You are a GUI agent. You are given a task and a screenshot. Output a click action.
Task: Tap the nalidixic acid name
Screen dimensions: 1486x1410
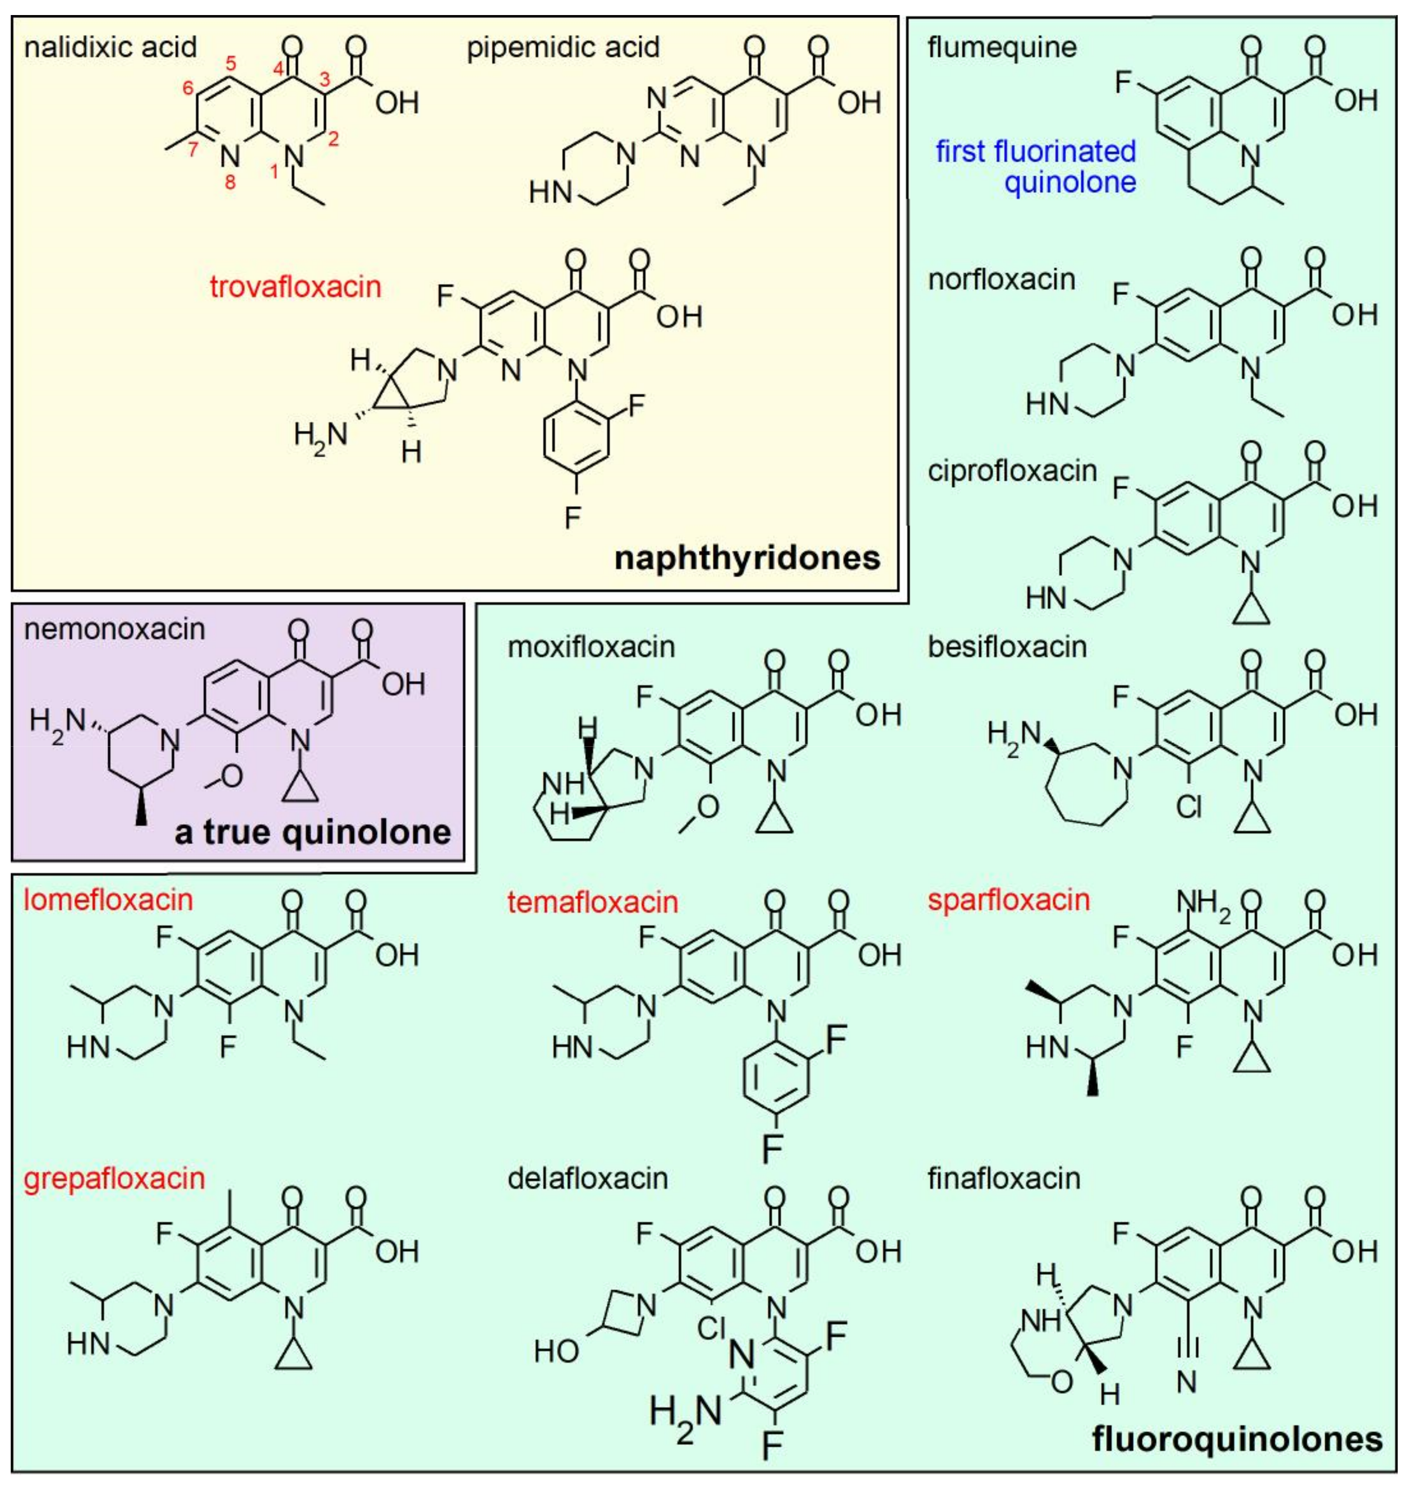click(x=110, y=47)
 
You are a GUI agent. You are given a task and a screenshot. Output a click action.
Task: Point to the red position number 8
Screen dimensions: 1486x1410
click(x=230, y=182)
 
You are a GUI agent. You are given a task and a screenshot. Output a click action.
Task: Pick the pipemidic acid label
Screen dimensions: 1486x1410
click(x=563, y=47)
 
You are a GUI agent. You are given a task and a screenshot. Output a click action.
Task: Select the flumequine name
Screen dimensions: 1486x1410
click(x=1002, y=47)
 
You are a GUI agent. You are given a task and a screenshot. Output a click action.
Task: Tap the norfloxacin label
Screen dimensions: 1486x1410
click(x=1002, y=280)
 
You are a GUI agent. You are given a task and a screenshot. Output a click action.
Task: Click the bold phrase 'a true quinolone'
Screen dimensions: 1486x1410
click(x=313, y=832)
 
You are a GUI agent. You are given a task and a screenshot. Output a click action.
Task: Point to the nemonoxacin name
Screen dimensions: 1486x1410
click(x=114, y=629)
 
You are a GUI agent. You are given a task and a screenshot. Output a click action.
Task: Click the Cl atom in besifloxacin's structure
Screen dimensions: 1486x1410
click(x=1189, y=807)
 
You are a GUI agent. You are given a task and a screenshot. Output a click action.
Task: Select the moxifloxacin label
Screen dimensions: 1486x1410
click(x=591, y=647)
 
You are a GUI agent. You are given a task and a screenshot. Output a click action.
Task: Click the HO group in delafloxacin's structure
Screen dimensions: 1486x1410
click(x=556, y=1352)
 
